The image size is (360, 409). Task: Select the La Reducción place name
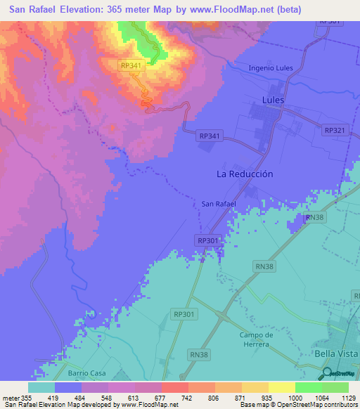pyautogui.click(x=245, y=174)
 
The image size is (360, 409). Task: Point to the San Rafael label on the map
pyautogui.click(x=219, y=204)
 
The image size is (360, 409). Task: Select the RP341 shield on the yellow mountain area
pyautogui.click(x=131, y=65)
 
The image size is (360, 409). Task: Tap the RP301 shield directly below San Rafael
pyautogui.click(x=207, y=240)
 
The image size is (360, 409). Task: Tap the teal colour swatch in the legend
pyautogui.click(x=41, y=387)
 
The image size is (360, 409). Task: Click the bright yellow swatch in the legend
pyautogui.click(x=282, y=387)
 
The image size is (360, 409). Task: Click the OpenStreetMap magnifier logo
pyautogui.click(x=326, y=373)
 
